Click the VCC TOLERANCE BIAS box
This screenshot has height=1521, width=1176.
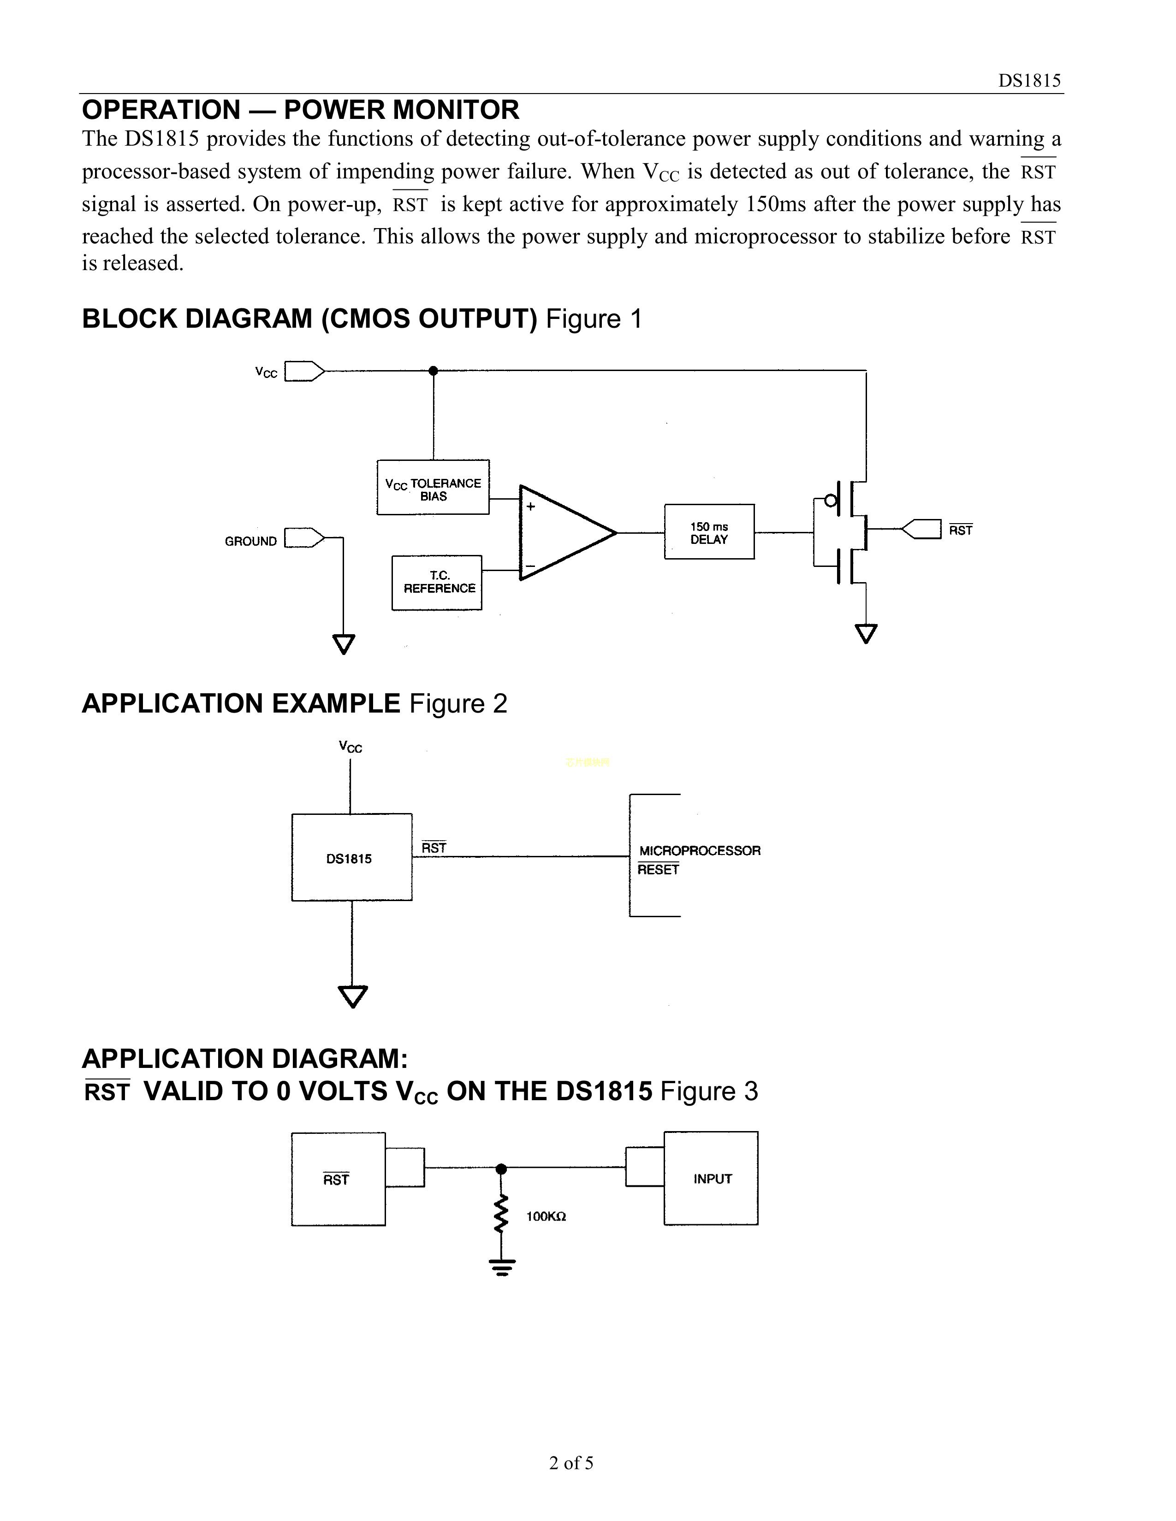click(x=433, y=488)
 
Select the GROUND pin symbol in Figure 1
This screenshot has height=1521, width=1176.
click(x=304, y=538)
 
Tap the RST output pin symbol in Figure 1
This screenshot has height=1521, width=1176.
click(x=921, y=529)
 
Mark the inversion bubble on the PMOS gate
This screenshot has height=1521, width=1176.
click(x=830, y=500)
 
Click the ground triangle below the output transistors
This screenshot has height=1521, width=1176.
click(x=865, y=634)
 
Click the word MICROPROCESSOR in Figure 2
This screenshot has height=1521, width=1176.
click(x=700, y=850)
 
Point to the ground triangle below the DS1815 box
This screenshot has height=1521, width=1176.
click(x=352, y=996)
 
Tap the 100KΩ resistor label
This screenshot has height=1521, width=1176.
click(x=546, y=1217)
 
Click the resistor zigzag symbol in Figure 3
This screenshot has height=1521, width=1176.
click(x=501, y=1214)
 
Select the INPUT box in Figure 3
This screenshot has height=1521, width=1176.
click(x=711, y=1179)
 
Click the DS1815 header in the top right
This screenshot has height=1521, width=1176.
click(x=1029, y=81)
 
